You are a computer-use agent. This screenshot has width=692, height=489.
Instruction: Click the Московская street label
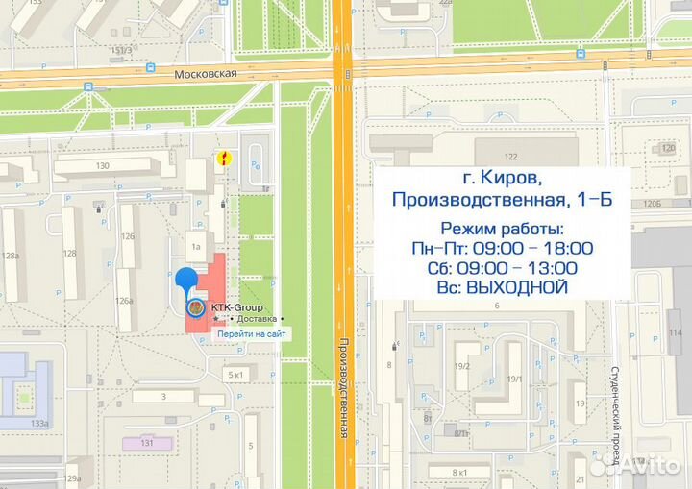click(x=206, y=73)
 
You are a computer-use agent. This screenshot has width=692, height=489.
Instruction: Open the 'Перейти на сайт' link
click(x=250, y=333)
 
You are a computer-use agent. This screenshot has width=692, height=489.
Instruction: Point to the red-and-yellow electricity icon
click(x=224, y=159)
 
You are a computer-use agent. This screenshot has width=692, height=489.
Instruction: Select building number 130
click(x=102, y=166)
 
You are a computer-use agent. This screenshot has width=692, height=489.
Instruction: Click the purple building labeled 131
click(x=147, y=443)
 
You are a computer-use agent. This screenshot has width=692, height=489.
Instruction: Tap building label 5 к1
click(x=236, y=374)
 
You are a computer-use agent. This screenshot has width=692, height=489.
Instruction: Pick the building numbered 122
click(x=510, y=156)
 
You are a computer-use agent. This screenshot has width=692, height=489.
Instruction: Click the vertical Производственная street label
click(x=342, y=390)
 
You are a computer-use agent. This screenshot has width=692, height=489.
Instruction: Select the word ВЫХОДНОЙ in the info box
click(x=514, y=287)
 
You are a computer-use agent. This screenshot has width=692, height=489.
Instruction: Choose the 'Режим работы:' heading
click(x=502, y=229)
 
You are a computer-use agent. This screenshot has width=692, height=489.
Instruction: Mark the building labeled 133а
click(x=39, y=424)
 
